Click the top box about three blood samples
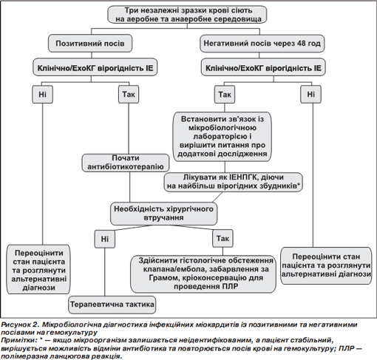[187, 15]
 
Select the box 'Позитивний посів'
[90, 44]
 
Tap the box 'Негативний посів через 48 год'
[262, 44]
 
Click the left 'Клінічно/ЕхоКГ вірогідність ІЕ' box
[95, 67]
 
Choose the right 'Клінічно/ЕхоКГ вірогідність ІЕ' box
[263, 67]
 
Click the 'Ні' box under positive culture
[42, 94]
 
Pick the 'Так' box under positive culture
[129, 94]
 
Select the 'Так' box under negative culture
[225, 94]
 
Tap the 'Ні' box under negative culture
[310, 94]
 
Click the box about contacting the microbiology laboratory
[222, 137]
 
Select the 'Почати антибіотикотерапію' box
[126, 163]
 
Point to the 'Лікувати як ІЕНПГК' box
[234, 182]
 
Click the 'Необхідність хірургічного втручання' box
[164, 214]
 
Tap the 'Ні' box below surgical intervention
[105, 239]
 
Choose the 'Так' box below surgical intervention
[223, 238]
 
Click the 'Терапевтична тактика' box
[112, 305]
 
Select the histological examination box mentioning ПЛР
[203, 274]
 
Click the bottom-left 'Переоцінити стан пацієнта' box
[38, 269]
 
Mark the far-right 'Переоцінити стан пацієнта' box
[326, 265]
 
